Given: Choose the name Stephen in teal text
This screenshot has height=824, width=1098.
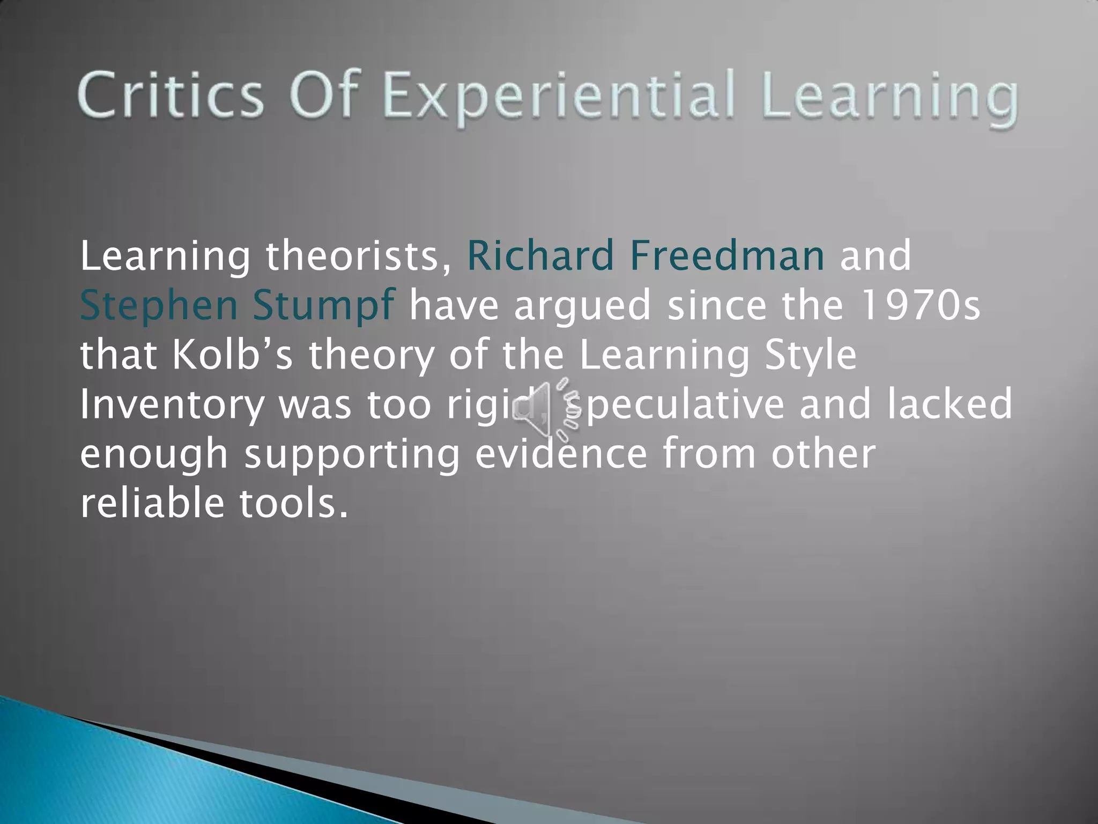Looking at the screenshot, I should coord(159,305).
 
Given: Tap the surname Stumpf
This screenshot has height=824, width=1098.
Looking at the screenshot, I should coord(324,305).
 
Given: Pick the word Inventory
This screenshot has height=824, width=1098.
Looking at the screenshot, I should coord(172,405).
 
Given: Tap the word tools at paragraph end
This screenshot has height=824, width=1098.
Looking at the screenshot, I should coord(293,503).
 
